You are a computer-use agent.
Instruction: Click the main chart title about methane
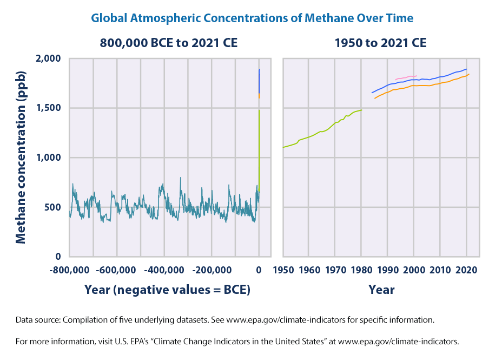[x=252, y=18]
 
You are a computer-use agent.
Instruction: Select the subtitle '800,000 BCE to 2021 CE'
[x=168, y=43]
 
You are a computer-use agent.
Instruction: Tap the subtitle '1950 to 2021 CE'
[x=380, y=43]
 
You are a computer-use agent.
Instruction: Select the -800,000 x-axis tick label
[x=70, y=270]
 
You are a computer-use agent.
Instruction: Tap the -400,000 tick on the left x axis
[x=164, y=270]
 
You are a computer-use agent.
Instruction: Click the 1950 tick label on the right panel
[x=283, y=270]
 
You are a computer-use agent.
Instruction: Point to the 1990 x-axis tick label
[x=387, y=270]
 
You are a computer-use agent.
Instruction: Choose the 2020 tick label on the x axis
[x=466, y=270]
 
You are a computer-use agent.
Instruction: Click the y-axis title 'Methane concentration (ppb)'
[x=21, y=158]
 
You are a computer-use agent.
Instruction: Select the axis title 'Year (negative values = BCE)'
[x=167, y=290]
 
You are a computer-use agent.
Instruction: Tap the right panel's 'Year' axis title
[x=381, y=290]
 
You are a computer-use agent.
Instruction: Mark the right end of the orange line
[x=468, y=74]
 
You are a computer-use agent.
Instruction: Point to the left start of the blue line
[x=372, y=93]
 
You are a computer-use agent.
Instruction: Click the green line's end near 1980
[x=361, y=110]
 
